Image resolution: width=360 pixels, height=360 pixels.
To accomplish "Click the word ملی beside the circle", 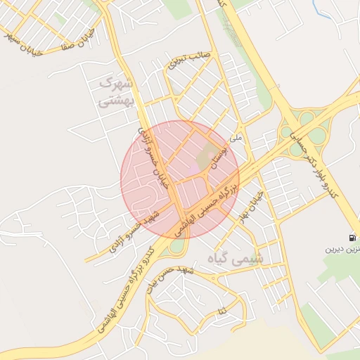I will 236,138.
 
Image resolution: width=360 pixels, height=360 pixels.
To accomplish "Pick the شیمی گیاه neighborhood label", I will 236,259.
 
